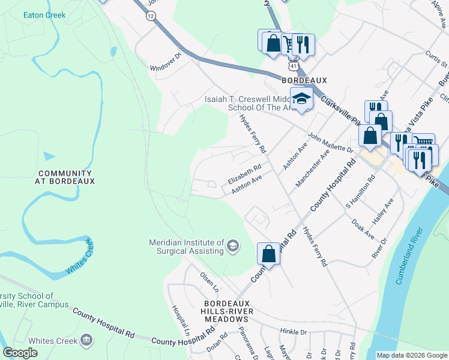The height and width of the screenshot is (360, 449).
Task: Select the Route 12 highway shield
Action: pyautogui.click(x=149, y=17)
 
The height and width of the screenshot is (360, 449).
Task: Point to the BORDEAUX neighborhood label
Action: pyautogui.click(x=304, y=80)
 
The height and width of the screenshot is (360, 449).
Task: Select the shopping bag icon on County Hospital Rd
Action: pyautogui.click(x=269, y=253)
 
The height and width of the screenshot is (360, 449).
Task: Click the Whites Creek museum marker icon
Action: pyautogui.click(x=87, y=341)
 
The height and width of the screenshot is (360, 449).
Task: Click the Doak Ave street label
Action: pyautogui.click(x=363, y=229)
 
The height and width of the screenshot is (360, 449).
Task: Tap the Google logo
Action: pyautogui.click(x=20, y=353)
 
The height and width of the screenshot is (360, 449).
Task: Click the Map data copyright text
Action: pyautogui.click(x=411, y=355)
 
